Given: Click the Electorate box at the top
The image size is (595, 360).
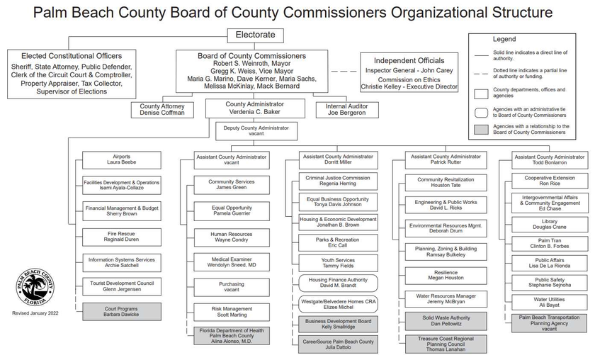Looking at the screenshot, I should pyautogui.click(x=255, y=35).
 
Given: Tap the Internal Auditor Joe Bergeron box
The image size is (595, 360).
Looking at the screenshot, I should pyautogui.click(x=346, y=110).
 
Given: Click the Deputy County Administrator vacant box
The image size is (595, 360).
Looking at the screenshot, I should pyautogui.click(x=256, y=131).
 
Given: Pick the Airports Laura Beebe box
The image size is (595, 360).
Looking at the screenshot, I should pyautogui.click(x=121, y=159).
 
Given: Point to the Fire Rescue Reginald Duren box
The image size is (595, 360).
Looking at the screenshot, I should pyautogui.click(x=121, y=236).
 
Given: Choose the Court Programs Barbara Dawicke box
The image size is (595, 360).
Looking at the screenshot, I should pyautogui.click(x=121, y=310).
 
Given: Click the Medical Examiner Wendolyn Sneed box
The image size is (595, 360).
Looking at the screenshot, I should pyautogui.click(x=232, y=261).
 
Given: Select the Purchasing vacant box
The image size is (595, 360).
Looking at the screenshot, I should pyautogui.click(x=232, y=286).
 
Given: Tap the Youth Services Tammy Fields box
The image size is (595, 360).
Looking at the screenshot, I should pyautogui.click(x=337, y=264).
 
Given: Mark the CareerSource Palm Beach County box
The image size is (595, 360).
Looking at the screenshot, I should pyautogui.click(x=337, y=344).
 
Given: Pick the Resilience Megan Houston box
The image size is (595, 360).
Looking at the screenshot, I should pyautogui.click(x=446, y=275).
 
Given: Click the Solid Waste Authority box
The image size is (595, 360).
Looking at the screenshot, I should pyautogui.click(x=446, y=321).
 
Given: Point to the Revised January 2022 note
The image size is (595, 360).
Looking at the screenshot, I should pyautogui.click(x=35, y=313).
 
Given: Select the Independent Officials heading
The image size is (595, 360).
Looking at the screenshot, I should pyautogui.click(x=409, y=61).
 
